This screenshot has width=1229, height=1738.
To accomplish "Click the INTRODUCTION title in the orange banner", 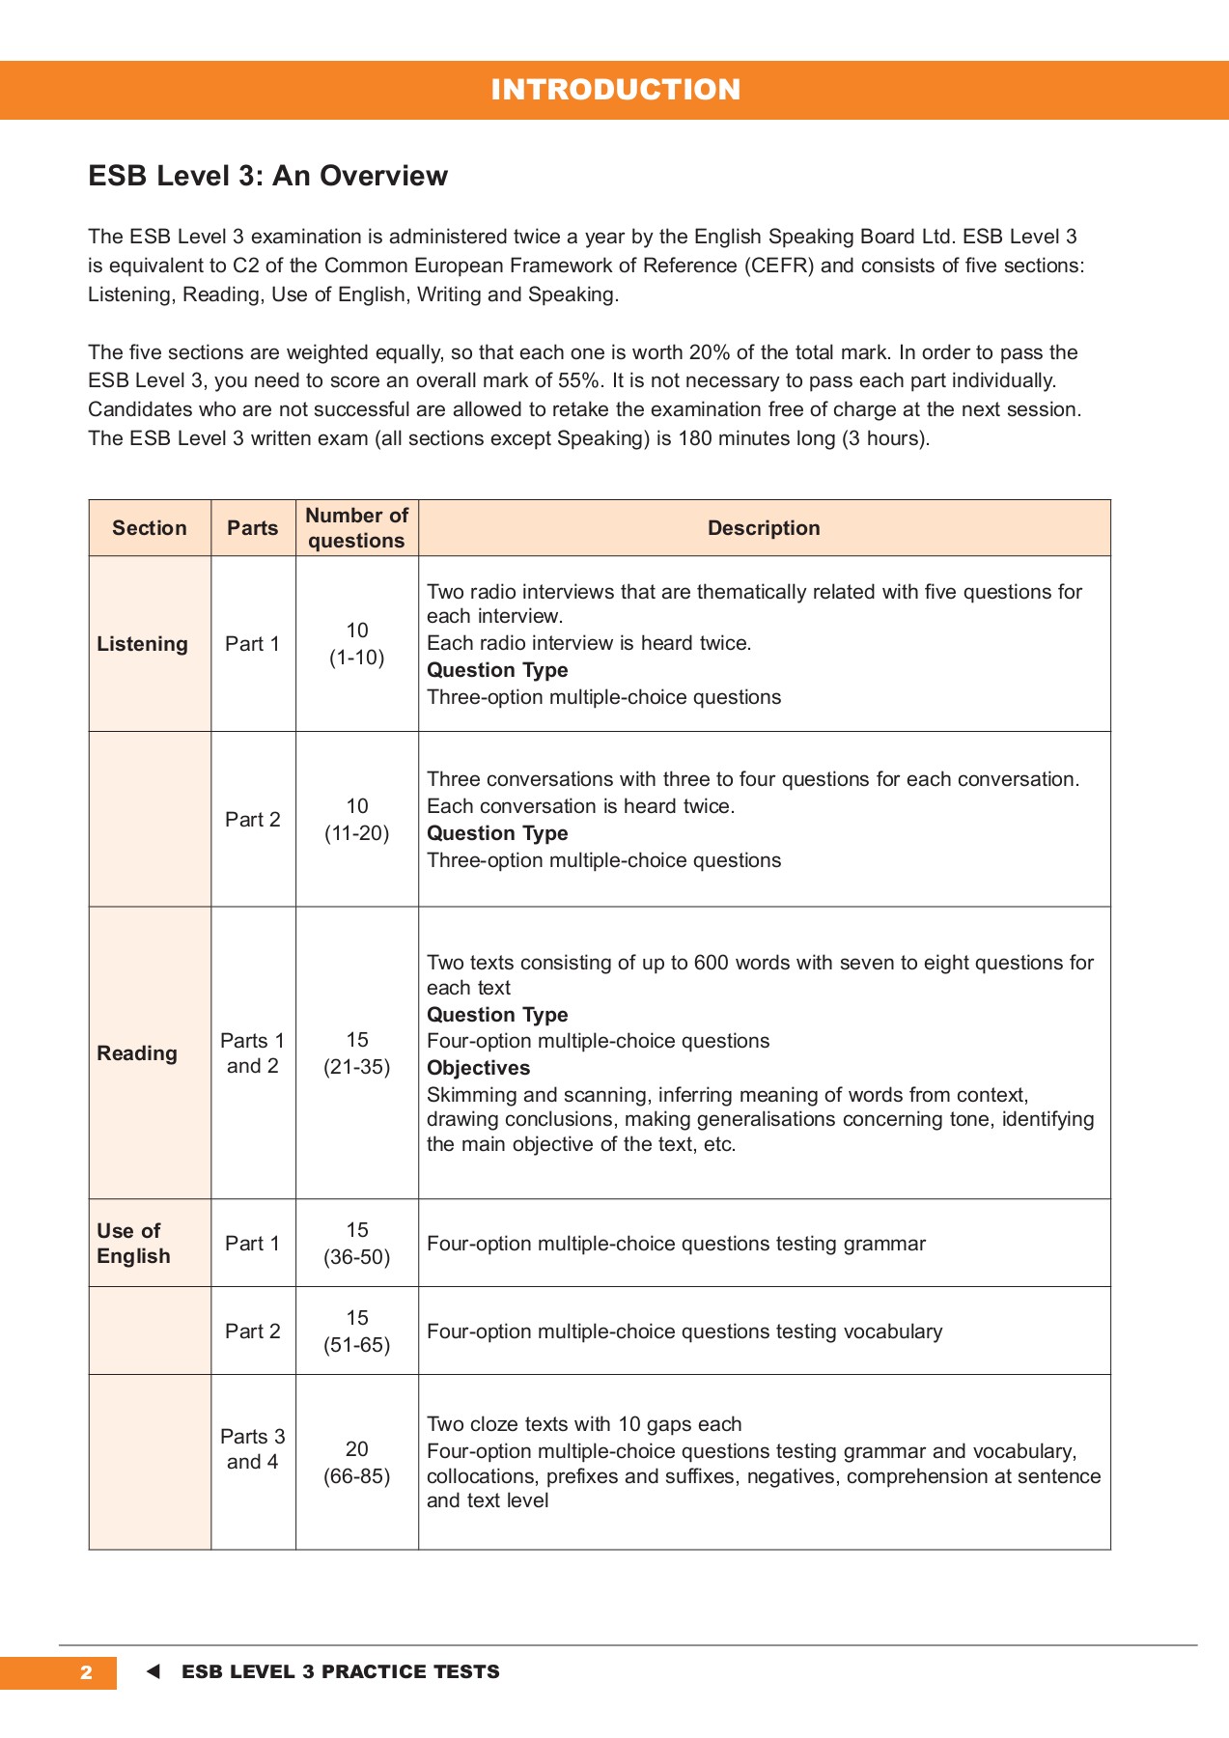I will [615, 90].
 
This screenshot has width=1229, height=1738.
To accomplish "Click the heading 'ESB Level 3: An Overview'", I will [267, 176].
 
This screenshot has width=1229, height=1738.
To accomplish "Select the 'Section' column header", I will [150, 528].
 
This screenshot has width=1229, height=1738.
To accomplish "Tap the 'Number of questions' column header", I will [356, 528].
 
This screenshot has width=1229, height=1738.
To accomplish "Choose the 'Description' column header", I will [764, 528].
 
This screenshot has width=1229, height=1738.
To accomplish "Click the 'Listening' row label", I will [142, 644].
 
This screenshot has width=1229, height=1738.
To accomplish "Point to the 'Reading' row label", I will [137, 1053].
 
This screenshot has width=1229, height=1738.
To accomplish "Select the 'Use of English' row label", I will [133, 1244].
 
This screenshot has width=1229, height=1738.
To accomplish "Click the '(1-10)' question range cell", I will [356, 658].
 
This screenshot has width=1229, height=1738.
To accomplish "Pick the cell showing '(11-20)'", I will [356, 833].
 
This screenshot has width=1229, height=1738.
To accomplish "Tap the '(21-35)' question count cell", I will [356, 1067].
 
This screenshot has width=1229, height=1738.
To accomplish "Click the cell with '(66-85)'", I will [356, 1476].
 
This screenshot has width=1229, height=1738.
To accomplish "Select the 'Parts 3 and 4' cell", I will [253, 1449].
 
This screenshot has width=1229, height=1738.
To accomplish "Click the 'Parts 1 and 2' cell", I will [253, 1053].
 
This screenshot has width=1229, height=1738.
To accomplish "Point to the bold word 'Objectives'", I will [479, 1068].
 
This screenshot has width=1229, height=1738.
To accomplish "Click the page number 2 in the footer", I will [86, 1672].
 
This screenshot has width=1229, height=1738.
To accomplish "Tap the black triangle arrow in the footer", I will [153, 1672].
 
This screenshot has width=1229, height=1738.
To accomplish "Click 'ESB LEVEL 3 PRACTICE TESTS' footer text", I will [341, 1672].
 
